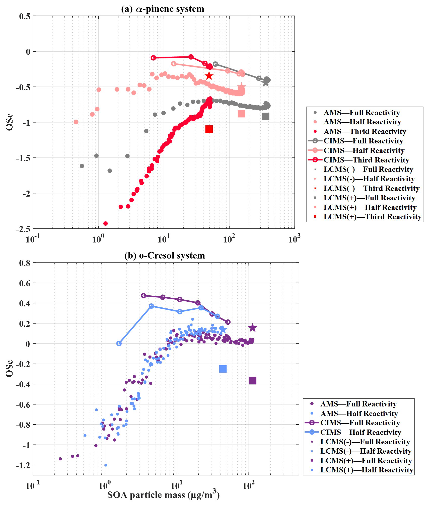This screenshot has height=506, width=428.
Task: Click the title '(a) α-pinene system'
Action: click(163, 9)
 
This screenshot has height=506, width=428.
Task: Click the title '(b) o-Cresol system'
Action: click(165, 256)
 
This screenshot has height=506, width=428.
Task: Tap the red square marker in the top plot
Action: click(209, 129)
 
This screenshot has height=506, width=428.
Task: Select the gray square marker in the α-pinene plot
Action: click(265, 116)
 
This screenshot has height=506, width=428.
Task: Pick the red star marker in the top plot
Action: click(209, 76)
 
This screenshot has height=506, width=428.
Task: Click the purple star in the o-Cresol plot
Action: click(252, 328)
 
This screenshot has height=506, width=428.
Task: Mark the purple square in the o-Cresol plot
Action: click(252, 381)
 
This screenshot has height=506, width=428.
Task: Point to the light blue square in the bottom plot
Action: click(223, 369)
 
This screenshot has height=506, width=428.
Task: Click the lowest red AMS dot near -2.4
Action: click(105, 223)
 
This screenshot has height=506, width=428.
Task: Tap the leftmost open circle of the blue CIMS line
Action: click(119, 344)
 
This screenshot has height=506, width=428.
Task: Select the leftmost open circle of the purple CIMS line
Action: click(144, 296)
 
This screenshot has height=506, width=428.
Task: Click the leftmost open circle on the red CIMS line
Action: click(153, 58)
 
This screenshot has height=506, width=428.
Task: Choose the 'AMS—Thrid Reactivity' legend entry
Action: click(365, 131)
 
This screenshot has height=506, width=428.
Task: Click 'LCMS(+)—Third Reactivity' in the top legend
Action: click(372, 217)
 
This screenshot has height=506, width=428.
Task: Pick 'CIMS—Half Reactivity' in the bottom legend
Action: click(361, 432)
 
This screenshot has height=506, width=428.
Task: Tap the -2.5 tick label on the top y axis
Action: click(23, 229)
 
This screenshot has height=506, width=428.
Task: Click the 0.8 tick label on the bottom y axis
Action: click(25, 263)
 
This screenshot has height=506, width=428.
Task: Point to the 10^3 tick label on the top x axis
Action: click(294, 239)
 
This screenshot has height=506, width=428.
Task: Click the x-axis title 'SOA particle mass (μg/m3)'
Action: click(163, 495)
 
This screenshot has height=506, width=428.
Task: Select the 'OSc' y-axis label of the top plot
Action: click(9, 122)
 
